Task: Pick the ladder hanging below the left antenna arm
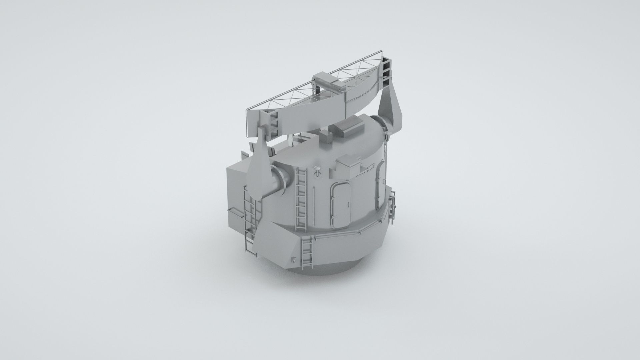tap(250, 220)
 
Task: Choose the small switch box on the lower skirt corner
tap(293, 260)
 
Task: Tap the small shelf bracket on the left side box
tap(235, 212)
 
